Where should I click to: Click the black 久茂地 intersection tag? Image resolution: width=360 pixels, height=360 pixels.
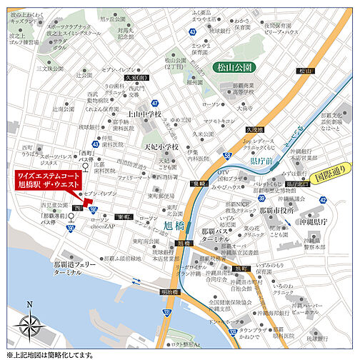tap(255, 130)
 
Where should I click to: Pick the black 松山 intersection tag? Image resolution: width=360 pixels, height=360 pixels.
tap(306, 71)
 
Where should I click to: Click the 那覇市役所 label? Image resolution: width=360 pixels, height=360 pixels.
tap(277, 211)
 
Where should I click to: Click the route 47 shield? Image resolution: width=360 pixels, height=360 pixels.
tap(155, 104)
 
